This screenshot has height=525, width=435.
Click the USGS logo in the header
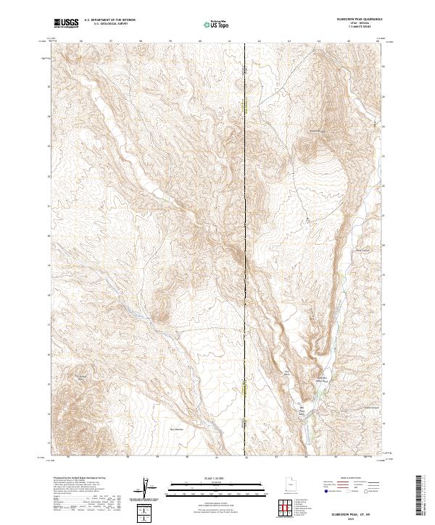click(66, 23)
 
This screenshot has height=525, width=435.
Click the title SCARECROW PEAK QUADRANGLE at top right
click(352, 19)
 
